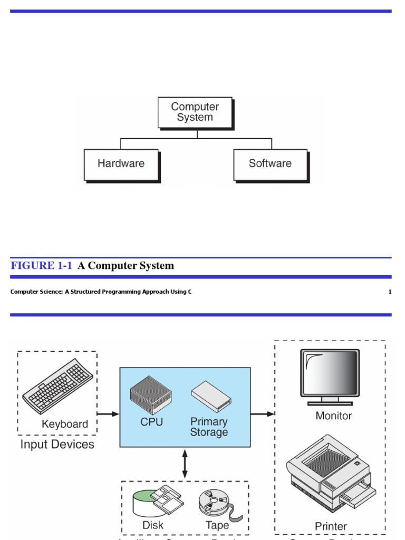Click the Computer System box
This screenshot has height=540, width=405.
tap(195, 112)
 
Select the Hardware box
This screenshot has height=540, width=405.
tap(121, 164)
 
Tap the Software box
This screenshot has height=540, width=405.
tap(270, 164)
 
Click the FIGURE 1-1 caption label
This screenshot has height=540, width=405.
tap(41, 266)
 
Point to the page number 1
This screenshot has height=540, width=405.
tap(390, 292)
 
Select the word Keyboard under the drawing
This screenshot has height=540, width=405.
tap(65, 424)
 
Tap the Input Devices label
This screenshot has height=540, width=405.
tap(57, 445)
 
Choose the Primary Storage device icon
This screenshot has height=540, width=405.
tap(211, 396)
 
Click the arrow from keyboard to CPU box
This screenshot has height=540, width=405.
tap(108, 414)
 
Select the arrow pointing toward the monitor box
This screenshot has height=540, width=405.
tap(262, 414)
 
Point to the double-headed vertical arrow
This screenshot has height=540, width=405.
tap(185, 464)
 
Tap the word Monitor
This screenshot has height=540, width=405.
tap(333, 416)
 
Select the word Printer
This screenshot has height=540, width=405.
tap(331, 526)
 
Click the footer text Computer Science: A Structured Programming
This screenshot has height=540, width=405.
tap(101, 292)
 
